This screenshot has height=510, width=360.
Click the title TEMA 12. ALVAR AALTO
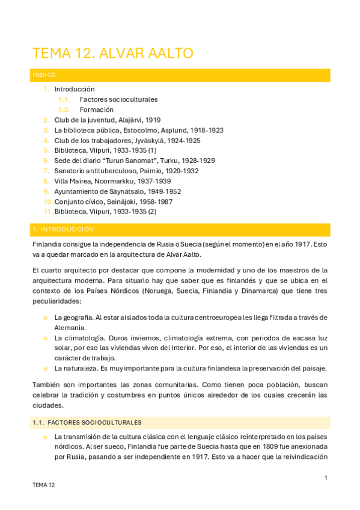pos(112,53)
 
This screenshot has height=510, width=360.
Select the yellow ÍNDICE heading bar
pos(180,75)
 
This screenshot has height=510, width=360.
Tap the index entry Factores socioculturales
pos(118,99)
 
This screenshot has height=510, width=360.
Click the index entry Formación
pos(96,109)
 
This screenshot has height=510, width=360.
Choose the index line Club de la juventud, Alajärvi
pos(107,120)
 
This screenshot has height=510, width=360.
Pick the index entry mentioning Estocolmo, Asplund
pos(139,130)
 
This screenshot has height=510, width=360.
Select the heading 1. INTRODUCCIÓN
pos(63,230)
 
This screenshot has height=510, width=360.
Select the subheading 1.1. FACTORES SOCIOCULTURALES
pos(87,423)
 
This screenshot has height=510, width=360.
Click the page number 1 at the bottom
pos(325,478)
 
